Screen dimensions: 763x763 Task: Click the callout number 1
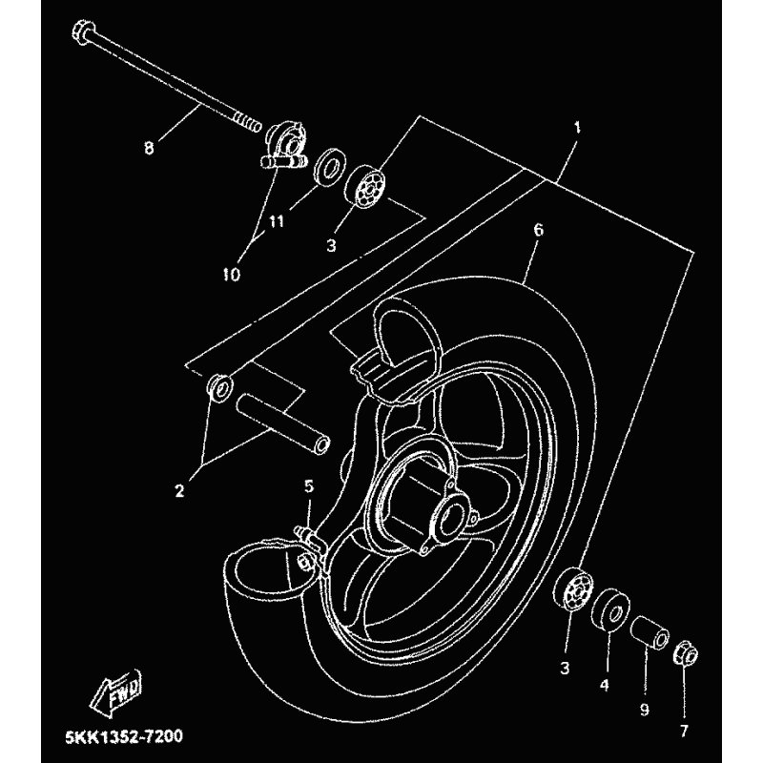click(x=576, y=126)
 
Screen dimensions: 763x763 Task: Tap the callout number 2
click(x=178, y=492)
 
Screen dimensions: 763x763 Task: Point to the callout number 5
click(x=308, y=486)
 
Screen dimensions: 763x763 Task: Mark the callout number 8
click(x=149, y=148)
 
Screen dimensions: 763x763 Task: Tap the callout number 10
click(x=232, y=274)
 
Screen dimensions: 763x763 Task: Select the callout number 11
click(x=277, y=221)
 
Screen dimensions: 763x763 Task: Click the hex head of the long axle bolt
click(x=81, y=34)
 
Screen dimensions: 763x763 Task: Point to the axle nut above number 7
click(x=685, y=655)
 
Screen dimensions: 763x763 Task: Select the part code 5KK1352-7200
click(x=124, y=737)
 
